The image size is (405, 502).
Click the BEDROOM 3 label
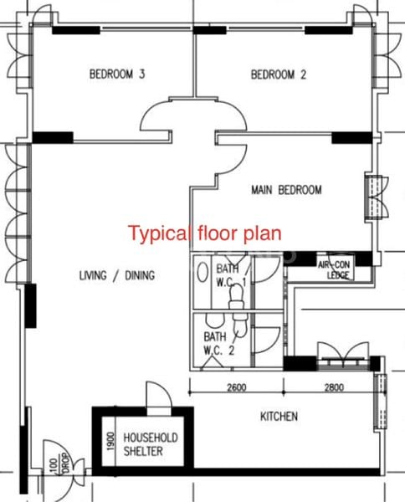pos(117,74)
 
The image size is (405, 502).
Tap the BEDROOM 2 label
pos(279,74)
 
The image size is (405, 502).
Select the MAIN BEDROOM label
pos(286,190)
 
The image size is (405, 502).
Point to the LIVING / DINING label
pos(117,275)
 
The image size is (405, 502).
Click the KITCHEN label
pos(279,416)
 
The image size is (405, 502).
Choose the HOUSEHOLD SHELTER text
pos(151,444)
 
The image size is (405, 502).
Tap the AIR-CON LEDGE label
pos(335,269)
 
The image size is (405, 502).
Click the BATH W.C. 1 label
pos(230,275)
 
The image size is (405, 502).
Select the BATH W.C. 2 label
pos(219,344)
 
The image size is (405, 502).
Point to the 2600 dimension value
pos(237,387)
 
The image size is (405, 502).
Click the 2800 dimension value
pos(334,387)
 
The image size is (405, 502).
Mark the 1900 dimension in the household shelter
pos(110,441)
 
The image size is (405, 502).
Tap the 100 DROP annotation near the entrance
pos(60,464)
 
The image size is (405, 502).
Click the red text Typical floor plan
pos(205,233)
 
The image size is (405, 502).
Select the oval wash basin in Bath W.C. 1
pos(202,272)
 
